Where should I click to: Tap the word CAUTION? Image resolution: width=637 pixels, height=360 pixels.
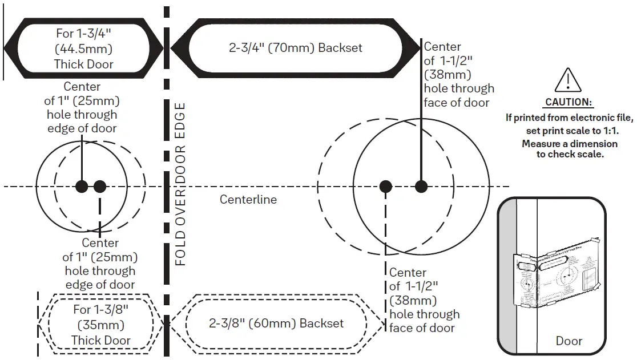pos(569,103)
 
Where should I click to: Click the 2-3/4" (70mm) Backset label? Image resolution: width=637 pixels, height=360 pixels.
pos(296,48)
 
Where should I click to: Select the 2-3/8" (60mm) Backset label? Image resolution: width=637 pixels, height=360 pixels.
pos(276,323)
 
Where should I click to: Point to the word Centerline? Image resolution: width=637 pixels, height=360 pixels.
pos(248,200)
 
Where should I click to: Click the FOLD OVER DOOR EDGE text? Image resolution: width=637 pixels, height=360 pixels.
pos(180,184)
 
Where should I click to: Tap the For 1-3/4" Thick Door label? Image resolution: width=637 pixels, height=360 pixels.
pos(84,48)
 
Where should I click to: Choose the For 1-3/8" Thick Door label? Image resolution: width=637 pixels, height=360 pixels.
pos(101,325)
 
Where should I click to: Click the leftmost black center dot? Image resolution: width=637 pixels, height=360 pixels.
pos(82,186)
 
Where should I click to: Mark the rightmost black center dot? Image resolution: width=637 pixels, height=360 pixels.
pos(421,186)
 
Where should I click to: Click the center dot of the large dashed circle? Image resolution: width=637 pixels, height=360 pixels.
pos(386,186)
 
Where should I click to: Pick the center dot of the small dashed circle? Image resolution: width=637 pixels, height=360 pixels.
pos(100,186)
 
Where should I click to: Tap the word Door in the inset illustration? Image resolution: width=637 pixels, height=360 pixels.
pos(569,341)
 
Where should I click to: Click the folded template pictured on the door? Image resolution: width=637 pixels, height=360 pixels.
pos(557,274)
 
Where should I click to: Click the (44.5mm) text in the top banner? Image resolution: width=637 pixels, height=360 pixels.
pos(84,48)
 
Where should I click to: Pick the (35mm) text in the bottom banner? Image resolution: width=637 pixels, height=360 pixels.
pos(101,325)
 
